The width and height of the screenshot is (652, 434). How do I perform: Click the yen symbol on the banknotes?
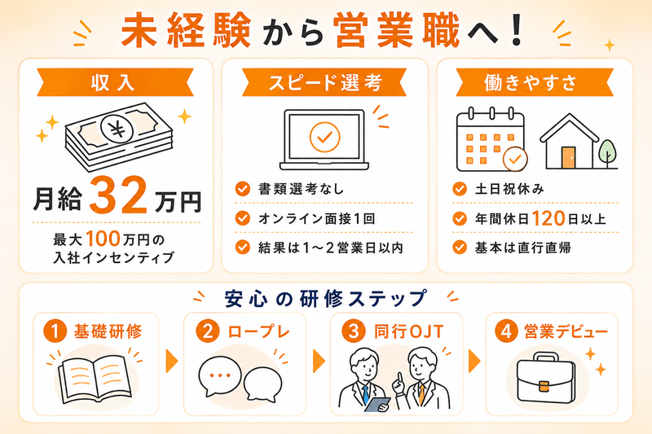117,129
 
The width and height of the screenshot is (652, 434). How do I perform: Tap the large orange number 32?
118,195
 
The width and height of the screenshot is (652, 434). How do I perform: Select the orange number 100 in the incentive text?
104,239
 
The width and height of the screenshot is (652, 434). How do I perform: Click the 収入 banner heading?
113,82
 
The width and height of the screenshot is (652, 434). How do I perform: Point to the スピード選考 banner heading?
324,82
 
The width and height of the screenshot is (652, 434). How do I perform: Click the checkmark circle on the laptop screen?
324,137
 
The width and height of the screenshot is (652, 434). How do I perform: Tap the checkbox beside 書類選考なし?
242,189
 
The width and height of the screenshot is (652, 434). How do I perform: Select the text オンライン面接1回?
316,218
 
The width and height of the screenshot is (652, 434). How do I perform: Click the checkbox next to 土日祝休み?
460,189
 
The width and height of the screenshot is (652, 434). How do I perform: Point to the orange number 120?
548,218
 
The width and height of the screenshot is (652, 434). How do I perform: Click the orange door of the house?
568,157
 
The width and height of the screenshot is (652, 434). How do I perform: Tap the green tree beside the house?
607,153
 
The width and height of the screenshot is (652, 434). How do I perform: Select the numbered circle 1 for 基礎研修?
55,331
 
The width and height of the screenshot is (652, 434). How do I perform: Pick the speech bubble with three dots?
220,376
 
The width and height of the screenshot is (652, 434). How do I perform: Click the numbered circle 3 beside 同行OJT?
354,331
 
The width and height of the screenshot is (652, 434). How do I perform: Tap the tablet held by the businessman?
377,404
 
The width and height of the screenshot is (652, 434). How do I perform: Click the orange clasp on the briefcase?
544,386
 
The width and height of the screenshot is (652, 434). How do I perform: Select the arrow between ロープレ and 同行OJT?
319,361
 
